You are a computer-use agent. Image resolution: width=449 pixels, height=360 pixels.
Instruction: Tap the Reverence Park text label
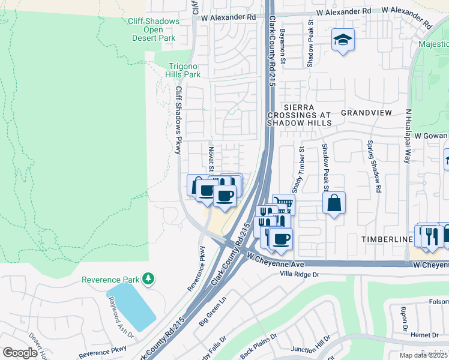coord(110,280)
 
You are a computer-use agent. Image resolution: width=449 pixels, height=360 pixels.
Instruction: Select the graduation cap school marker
coord(343,40)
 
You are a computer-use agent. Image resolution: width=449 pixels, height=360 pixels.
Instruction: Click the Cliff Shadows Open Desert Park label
coord(154,29)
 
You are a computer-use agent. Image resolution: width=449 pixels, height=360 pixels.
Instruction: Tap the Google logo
coord(20,352)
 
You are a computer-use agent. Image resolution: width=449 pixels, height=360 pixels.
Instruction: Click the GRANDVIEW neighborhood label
coord(366,113)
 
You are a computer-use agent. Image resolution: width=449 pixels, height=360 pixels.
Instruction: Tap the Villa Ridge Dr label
coord(306,274)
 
